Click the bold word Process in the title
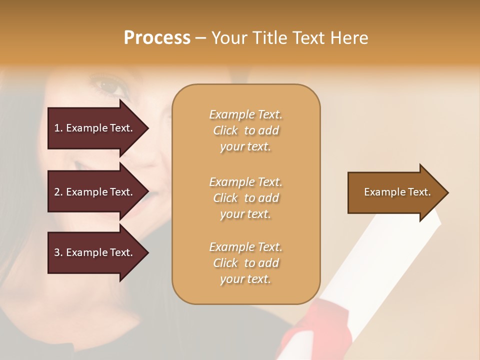pyautogui.click(x=157, y=38)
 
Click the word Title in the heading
pyautogui.click(x=270, y=38)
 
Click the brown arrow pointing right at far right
pyautogui.click(x=397, y=192)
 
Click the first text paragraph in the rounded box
pyautogui.click(x=245, y=130)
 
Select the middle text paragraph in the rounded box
pyautogui.click(x=245, y=198)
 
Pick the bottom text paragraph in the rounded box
pyautogui.click(x=245, y=263)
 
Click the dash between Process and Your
pyautogui.click(x=201, y=38)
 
